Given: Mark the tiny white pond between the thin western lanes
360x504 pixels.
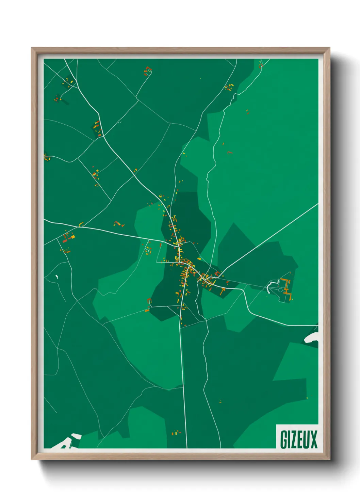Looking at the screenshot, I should tap(56, 277).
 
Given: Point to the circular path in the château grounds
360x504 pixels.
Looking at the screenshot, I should tap(280, 290).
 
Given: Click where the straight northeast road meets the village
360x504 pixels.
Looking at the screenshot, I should tap(218, 274).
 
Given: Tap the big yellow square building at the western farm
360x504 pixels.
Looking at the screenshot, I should tap(72, 236).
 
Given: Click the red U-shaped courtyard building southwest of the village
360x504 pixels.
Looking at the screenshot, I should tap(149, 301).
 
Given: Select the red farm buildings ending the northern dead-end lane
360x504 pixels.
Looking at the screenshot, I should tap(147, 71).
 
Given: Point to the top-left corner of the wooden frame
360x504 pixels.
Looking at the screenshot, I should tap(32, 48).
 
